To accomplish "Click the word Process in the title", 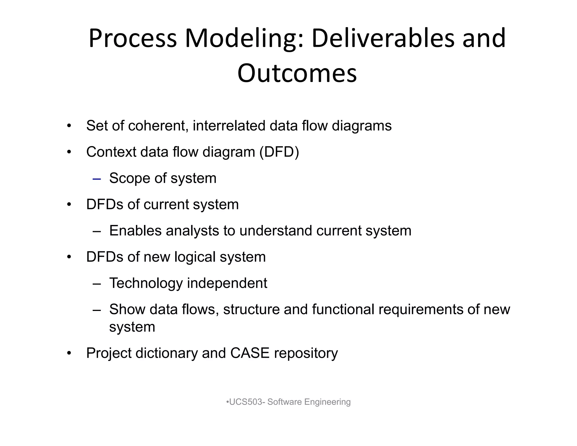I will [x=133, y=39].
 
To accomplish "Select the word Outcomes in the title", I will [x=297, y=73].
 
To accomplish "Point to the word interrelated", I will [x=229, y=126].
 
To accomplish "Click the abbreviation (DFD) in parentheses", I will [x=279, y=152].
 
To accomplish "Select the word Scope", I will [x=129, y=178].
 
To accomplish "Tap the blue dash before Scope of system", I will [x=97, y=179].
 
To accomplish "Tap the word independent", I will [x=227, y=283].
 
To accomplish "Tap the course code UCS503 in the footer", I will [x=245, y=402].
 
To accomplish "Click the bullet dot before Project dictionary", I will [x=69, y=353].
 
